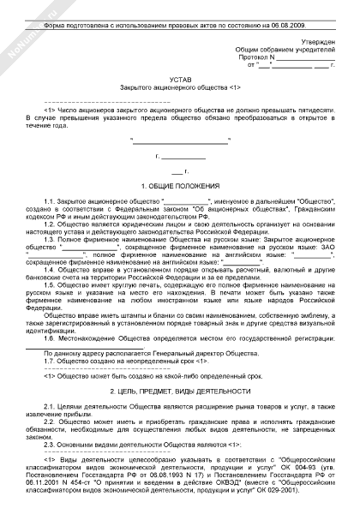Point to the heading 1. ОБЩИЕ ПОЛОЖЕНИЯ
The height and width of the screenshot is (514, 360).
pos(179,184)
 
